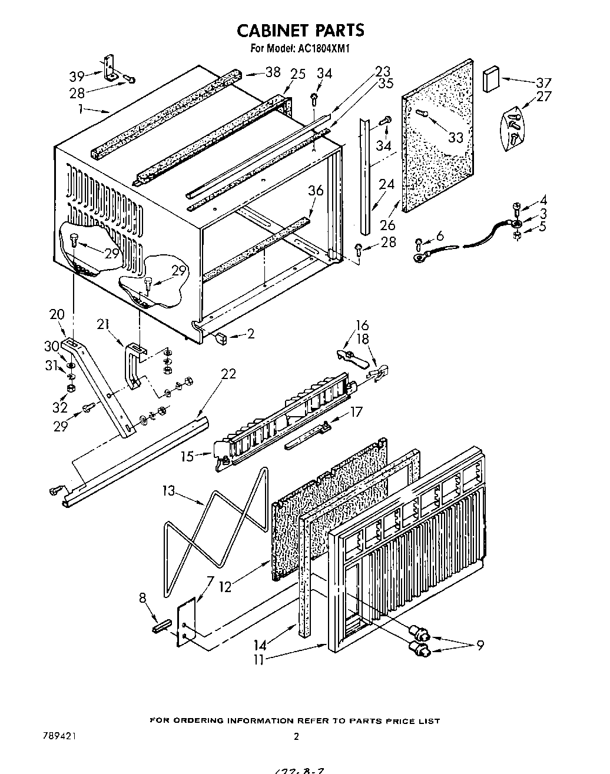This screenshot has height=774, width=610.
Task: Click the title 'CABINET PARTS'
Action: (x=300, y=30)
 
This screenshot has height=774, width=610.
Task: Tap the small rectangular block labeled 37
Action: (x=490, y=80)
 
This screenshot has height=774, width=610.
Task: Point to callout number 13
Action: (x=169, y=490)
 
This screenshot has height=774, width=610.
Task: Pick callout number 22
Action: (x=228, y=374)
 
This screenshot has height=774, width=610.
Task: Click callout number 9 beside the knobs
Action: (x=480, y=646)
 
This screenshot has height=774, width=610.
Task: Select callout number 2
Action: (x=251, y=334)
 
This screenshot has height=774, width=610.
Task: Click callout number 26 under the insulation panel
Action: (x=387, y=225)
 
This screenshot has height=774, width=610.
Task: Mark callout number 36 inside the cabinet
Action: (x=316, y=191)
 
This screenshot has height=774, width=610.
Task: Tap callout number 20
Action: (x=57, y=315)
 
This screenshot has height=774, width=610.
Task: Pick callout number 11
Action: (x=259, y=660)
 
